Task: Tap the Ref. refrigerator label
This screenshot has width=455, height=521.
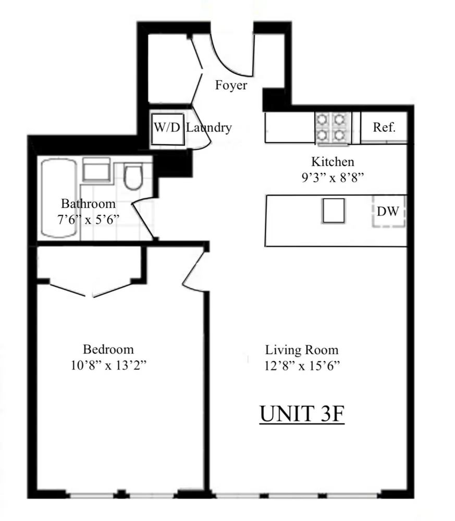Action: click(x=384, y=127)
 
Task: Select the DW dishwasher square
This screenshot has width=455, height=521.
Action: click(x=388, y=211)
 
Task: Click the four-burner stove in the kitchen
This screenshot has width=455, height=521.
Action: click(x=333, y=128)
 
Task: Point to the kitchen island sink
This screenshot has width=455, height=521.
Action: click(x=333, y=211)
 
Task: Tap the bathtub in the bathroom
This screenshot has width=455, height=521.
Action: click(x=59, y=198)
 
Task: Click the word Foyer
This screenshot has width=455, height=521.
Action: click(x=231, y=85)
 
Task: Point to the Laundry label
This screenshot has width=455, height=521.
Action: click(x=208, y=128)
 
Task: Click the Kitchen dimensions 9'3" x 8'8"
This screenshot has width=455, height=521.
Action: click(x=333, y=176)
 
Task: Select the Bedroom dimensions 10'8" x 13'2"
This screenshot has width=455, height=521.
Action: click(x=108, y=365)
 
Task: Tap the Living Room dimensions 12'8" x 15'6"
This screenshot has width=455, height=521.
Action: click(x=302, y=366)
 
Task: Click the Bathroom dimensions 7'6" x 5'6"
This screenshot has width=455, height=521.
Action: click(x=88, y=219)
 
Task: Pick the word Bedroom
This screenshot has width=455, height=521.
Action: click(x=108, y=349)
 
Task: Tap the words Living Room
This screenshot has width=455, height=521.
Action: click(x=302, y=350)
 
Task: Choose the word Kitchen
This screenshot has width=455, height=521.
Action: click(x=333, y=162)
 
